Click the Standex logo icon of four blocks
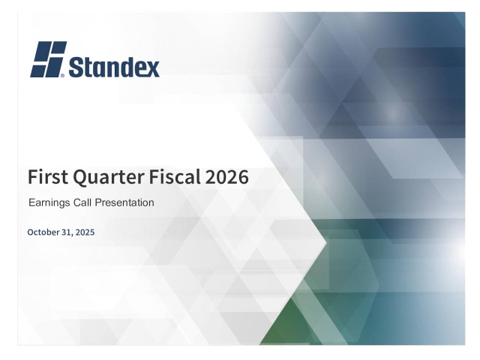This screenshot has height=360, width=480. click(x=49, y=59)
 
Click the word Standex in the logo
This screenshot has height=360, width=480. click(x=115, y=67)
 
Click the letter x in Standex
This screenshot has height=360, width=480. click(x=152, y=69)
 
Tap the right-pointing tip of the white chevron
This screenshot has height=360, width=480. click(x=327, y=241)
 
